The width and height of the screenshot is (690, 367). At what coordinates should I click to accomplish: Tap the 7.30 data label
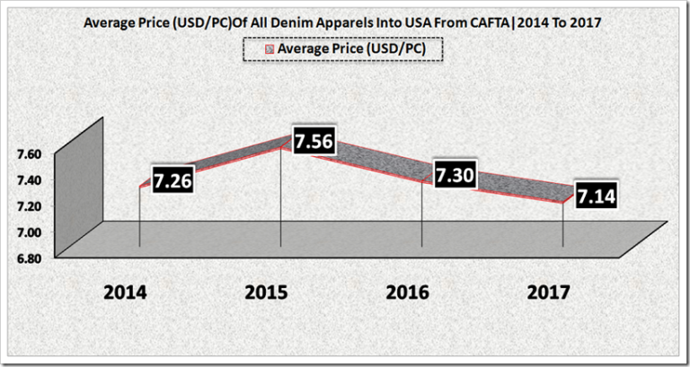455,176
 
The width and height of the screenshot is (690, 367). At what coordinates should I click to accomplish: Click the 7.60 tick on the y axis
27,154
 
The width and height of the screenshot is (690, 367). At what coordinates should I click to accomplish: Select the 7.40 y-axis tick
27,180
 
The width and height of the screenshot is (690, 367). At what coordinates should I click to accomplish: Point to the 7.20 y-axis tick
27,206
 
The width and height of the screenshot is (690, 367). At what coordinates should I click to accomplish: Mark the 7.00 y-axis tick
27,232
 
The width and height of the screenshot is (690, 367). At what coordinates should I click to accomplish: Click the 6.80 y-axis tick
27,258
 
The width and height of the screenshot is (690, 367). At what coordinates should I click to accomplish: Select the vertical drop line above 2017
563,224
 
